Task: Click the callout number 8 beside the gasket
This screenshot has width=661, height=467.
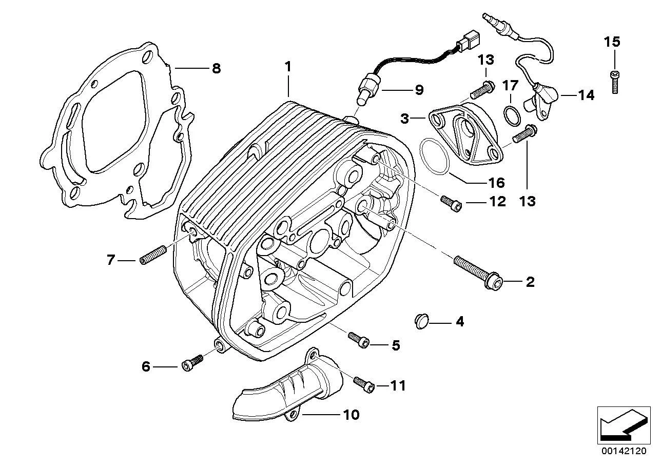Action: coord(216,69)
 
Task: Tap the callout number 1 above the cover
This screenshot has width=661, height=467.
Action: coord(288,67)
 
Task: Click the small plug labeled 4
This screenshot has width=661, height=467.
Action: coord(422,321)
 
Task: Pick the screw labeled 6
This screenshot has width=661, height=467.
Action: coord(192,363)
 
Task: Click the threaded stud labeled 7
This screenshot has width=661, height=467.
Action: coord(153,255)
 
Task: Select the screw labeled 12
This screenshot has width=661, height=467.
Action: coord(451,204)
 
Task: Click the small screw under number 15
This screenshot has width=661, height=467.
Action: coord(614,82)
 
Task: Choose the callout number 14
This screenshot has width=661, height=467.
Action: coord(586,95)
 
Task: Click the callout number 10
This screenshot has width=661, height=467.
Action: coord(352,415)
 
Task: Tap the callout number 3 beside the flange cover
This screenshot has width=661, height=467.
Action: coord(404,119)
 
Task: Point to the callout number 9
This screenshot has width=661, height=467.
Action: coord(419,90)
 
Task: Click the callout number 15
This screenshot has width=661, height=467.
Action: coord(612,42)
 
